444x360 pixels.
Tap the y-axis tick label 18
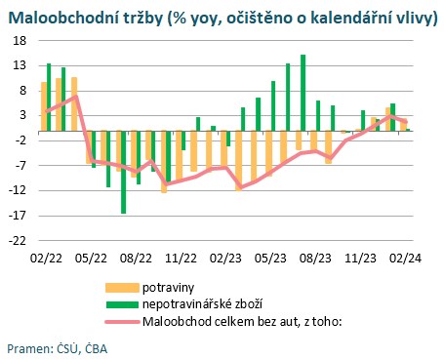click(19, 40)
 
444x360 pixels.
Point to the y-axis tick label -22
click(17, 240)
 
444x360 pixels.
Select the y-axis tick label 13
click(19, 65)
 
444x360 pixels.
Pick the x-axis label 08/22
click(135, 258)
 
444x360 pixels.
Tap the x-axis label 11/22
click(181, 258)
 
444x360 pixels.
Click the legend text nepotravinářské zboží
click(203, 304)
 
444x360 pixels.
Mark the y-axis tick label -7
click(19, 165)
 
